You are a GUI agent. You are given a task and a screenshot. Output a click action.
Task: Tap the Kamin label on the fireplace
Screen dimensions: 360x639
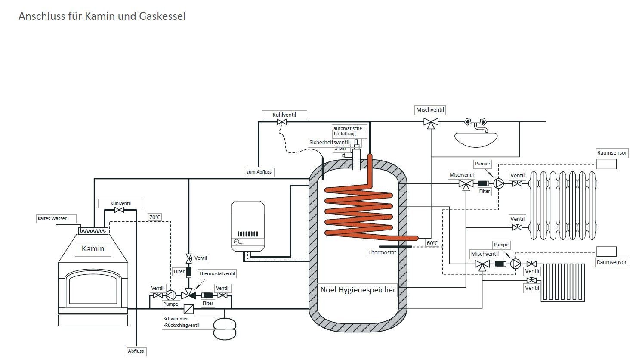coord(93,249)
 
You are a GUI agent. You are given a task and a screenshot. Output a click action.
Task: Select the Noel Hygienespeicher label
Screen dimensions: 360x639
coord(358,290)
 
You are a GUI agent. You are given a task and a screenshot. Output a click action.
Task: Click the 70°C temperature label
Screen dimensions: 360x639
coord(154,217)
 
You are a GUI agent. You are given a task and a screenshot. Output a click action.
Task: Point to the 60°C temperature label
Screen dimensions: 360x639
coord(432,243)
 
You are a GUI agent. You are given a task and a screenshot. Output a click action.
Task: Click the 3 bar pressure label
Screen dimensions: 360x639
coord(340,148)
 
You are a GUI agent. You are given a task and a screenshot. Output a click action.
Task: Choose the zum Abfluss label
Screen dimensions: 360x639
coord(259,172)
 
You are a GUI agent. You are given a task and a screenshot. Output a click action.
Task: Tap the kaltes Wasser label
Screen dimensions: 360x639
coord(52,218)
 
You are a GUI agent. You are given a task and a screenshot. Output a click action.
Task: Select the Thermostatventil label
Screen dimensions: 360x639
coord(217,273)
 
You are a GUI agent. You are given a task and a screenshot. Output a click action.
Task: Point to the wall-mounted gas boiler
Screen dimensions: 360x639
coord(247,226)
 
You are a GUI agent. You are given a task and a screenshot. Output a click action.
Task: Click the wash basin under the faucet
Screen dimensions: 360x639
coord(476,138)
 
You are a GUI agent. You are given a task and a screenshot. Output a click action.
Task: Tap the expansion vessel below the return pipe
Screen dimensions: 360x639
coord(225,329)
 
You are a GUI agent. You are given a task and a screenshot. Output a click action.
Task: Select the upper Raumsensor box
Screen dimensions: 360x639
coord(606,164)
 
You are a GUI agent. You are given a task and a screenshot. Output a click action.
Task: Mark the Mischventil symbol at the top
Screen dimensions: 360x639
coord(430,122)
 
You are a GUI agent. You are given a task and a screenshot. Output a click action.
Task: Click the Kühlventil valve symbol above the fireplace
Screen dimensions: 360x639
coord(117,210)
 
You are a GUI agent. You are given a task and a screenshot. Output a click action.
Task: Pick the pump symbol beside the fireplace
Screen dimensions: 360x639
coord(170,295)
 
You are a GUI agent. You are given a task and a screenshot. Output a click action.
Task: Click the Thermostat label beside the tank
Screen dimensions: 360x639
coord(382,253)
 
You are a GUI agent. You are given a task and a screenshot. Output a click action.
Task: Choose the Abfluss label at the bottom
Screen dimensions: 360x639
coord(136,351)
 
